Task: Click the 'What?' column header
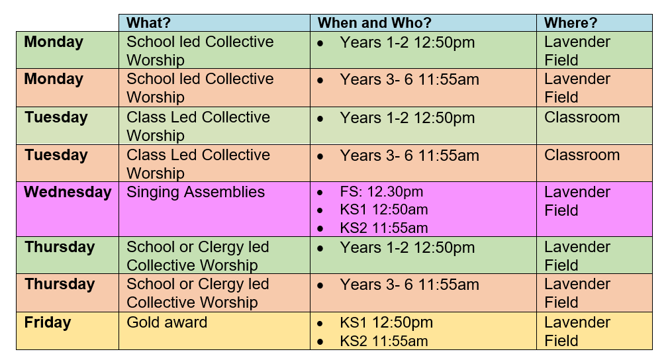pyautogui.click(x=148, y=22)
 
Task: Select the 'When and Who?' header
pyautogui.click(x=374, y=22)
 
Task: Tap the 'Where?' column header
pyautogui.click(x=571, y=22)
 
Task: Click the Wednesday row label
pyautogui.click(x=68, y=192)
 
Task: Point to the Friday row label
pyautogui.click(x=48, y=322)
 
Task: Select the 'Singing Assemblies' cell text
pyautogui.click(x=196, y=192)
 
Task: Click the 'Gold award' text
pyautogui.click(x=167, y=322)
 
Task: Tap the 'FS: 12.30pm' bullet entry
pyautogui.click(x=381, y=192)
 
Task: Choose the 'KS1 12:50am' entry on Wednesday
pyautogui.click(x=384, y=210)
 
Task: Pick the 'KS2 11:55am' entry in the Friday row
pyautogui.click(x=384, y=341)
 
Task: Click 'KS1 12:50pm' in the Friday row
pyautogui.click(x=386, y=323)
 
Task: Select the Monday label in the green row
pyautogui.click(x=54, y=42)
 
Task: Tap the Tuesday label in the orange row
pyautogui.click(x=56, y=155)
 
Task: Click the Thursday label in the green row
pyautogui.click(x=60, y=247)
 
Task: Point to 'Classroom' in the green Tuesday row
pyautogui.click(x=581, y=117)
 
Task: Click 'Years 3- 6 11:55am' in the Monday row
pyautogui.click(x=409, y=80)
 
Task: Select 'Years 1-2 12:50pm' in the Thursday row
pyautogui.click(x=407, y=247)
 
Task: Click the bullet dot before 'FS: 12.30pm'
pyautogui.click(x=320, y=193)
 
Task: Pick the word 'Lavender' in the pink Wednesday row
pyautogui.click(x=577, y=192)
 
